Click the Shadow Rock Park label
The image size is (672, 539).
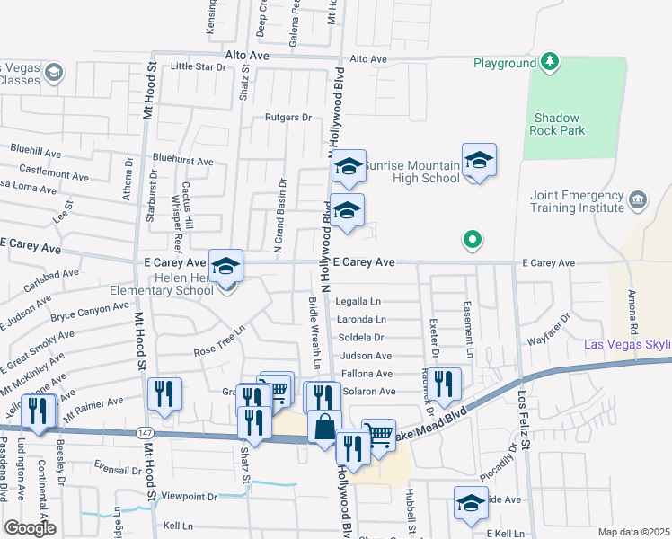pyautogui.click(x=559, y=124)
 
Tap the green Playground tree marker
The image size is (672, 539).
pyautogui.click(x=549, y=62)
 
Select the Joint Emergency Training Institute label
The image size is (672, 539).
pyautogui.click(x=577, y=201)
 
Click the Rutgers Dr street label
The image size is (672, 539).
pyautogui.click(x=287, y=118)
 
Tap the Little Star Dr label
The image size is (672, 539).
pyautogui.click(x=198, y=66)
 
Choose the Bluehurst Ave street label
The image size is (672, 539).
pyautogui.click(x=182, y=162)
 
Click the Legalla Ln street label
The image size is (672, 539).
pyautogui.click(x=359, y=301)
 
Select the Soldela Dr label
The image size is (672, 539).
pyautogui.click(x=361, y=338)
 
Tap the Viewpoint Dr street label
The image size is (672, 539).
pyautogui.click(x=189, y=496)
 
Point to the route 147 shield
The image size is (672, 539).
pyautogui.click(x=144, y=433)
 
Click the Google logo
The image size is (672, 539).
pyautogui.click(x=30, y=528)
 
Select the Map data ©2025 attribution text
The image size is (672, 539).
pyautogui.click(x=633, y=532)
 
